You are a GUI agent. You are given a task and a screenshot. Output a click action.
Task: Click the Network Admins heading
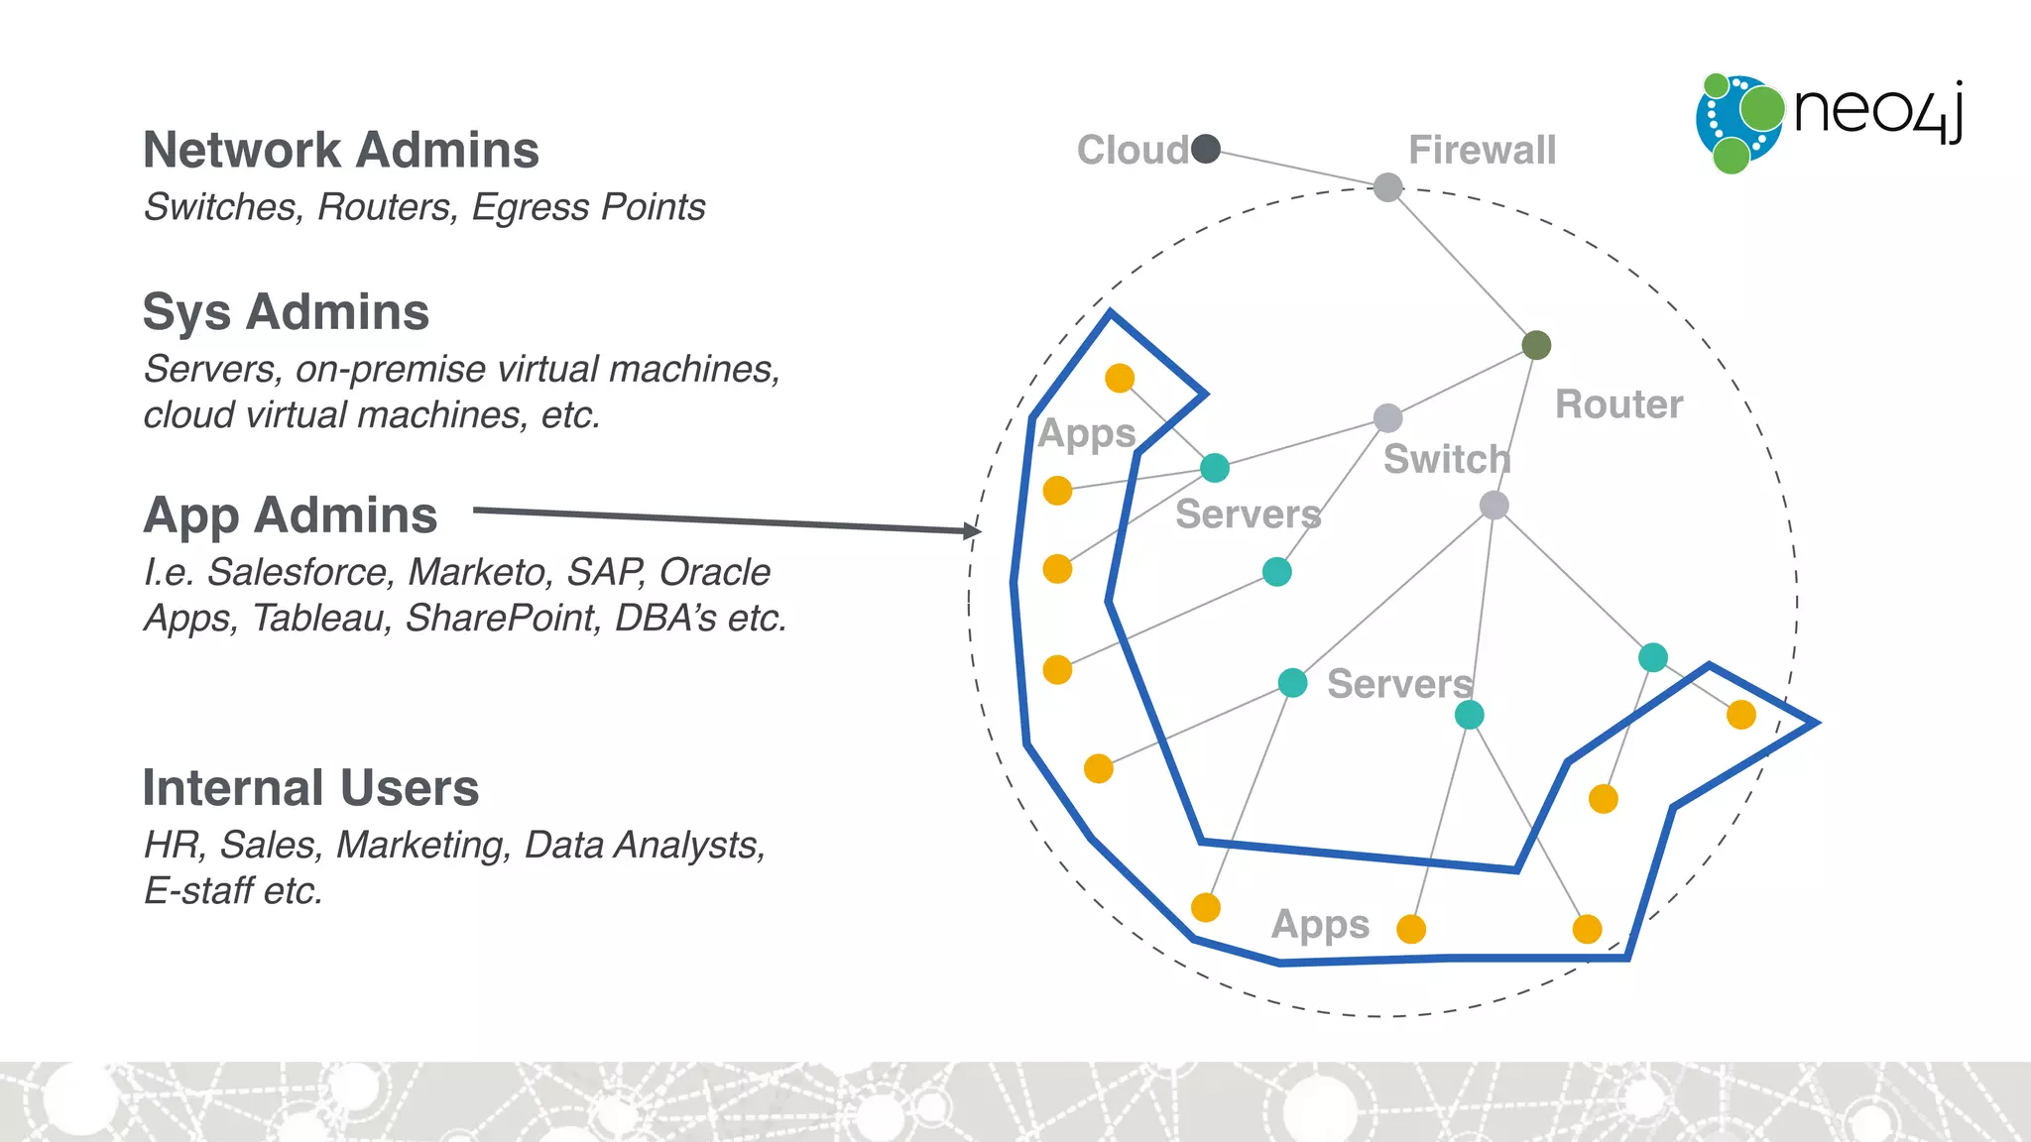point(341,151)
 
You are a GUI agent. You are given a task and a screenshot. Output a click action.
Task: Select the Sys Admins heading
point(286,312)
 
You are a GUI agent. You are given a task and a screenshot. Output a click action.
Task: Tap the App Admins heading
point(290,515)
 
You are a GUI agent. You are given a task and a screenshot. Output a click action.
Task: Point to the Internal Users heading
point(310,788)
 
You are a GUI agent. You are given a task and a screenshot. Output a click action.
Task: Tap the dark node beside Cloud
point(1206,149)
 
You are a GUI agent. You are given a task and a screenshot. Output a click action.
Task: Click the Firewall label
point(1482,151)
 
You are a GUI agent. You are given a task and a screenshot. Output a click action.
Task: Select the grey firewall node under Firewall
point(1387,186)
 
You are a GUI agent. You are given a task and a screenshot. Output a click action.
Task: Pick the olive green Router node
point(1536,345)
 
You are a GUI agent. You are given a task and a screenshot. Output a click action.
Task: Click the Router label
point(1618,404)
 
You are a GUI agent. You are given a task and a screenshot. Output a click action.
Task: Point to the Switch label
point(1446,460)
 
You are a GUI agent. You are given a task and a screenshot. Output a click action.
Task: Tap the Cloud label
point(1133,151)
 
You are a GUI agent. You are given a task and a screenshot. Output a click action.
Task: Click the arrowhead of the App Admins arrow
point(974,531)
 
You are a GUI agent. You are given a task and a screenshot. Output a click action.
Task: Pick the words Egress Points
point(588,207)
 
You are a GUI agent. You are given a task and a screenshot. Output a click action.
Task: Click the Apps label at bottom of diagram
point(1320,924)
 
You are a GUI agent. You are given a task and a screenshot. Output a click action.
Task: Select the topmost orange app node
point(1120,378)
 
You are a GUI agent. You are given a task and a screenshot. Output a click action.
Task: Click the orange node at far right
point(1740,715)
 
